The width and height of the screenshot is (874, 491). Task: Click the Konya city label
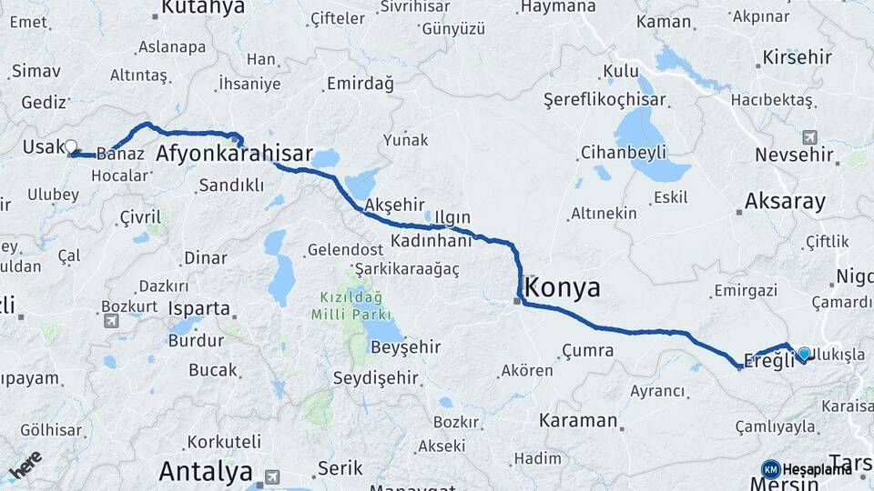[x=564, y=288]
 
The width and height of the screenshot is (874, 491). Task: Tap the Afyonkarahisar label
[x=234, y=154]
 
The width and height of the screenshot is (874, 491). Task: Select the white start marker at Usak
[x=70, y=145]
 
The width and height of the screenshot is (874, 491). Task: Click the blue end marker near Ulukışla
[x=804, y=354]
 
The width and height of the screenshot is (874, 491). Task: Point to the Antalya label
[x=205, y=471]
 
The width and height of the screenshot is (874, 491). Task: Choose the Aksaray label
[x=785, y=201]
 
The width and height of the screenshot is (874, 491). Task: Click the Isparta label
[x=198, y=308]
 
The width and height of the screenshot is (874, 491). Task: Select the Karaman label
[x=578, y=421]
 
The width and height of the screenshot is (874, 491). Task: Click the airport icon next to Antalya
[x=272, y=476]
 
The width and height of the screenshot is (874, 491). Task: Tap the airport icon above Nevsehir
[x=809, y=137]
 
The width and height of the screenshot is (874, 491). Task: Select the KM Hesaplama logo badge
[x=770, y=469]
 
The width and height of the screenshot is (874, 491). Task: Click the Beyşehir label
[x=405, y=346]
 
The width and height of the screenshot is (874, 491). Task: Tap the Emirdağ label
[x=359, y=84]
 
